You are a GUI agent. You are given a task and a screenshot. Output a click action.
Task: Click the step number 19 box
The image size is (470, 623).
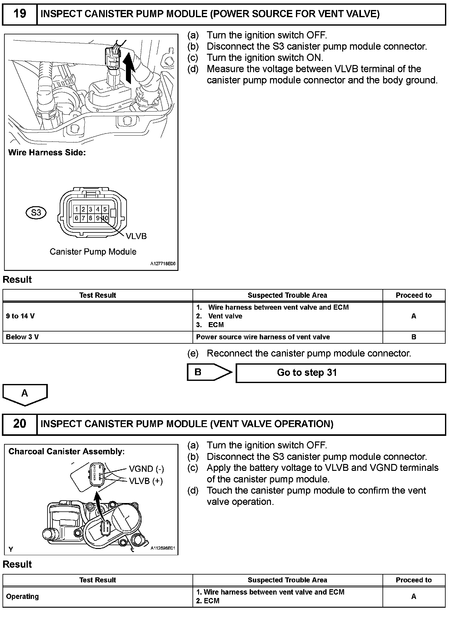tap(19, 14)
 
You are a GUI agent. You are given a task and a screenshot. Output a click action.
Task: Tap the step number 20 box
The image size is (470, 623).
tap(19, 424)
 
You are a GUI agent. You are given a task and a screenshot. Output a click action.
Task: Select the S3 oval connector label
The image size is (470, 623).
tap(36, 213)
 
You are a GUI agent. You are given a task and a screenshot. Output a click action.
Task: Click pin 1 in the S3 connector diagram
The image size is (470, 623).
tap(77, 209)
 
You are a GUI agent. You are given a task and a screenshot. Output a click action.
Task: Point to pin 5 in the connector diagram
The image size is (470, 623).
tap(105, 209)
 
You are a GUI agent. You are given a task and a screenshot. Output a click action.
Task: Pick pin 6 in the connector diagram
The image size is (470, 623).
tap(77, 218)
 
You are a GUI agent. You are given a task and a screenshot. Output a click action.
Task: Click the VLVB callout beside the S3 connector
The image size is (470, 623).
tap(136, 236)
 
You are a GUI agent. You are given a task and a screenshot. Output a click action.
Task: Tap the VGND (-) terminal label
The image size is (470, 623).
tap(146, 469)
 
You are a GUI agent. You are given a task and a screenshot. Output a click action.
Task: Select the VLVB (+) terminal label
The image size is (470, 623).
tap(146, 481)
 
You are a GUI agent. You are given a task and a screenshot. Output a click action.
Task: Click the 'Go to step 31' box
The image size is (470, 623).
tap(340, 373)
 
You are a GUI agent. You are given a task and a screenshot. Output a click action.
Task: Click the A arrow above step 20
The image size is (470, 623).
tap(25, 394)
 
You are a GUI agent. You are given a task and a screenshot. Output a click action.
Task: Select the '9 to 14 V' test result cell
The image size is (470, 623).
tap(97, 316)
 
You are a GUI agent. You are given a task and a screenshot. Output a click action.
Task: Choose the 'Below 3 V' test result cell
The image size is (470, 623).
tap(97, 337)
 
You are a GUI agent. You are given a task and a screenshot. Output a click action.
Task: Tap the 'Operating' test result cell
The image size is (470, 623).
tap(97, 596)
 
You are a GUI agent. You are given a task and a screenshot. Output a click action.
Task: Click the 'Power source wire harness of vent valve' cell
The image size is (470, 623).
tap(287, 337)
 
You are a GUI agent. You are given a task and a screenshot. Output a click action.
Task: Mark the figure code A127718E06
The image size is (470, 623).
tap(163, 264)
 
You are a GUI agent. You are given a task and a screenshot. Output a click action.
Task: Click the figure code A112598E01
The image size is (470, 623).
tap(163, 548)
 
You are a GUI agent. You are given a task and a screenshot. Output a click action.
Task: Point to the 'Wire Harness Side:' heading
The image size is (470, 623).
tap(47, 152)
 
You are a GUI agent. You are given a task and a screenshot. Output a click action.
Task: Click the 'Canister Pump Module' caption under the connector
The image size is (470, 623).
tap(93, 252)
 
